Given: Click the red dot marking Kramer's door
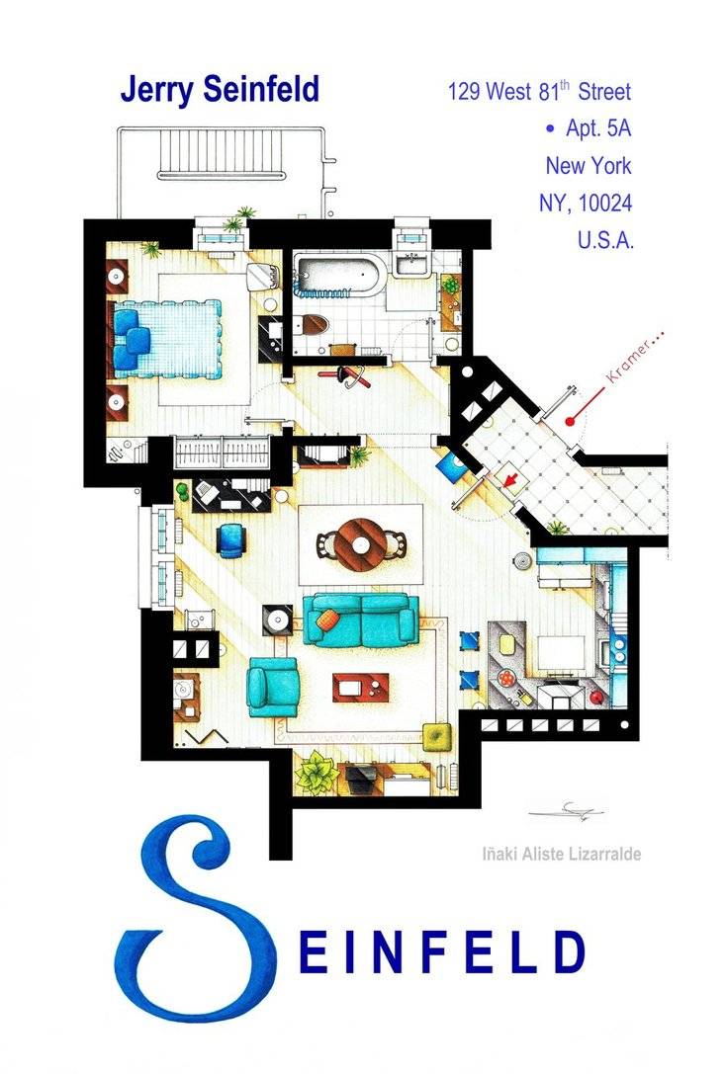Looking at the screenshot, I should coord(570,421).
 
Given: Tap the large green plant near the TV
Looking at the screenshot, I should coord(318,772).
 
